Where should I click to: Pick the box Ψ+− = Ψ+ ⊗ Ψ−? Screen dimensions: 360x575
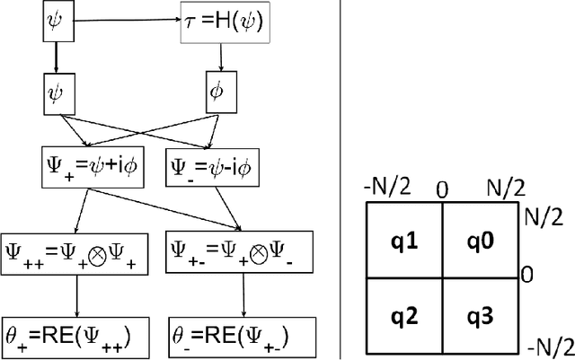(232, 253)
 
